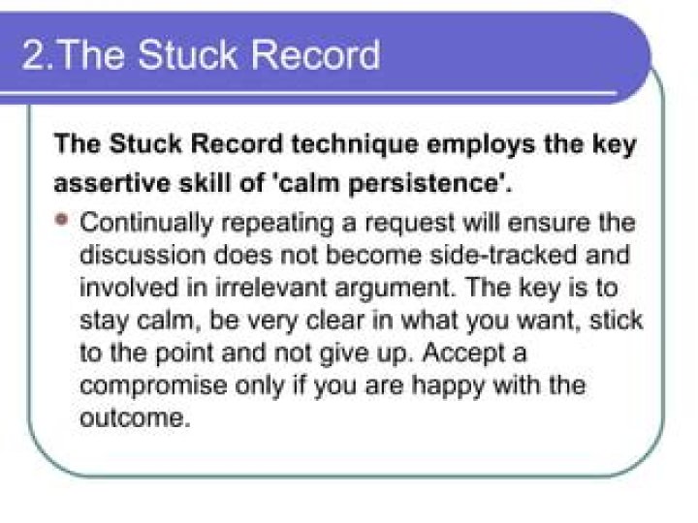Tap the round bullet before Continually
(x=63, y=220)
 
